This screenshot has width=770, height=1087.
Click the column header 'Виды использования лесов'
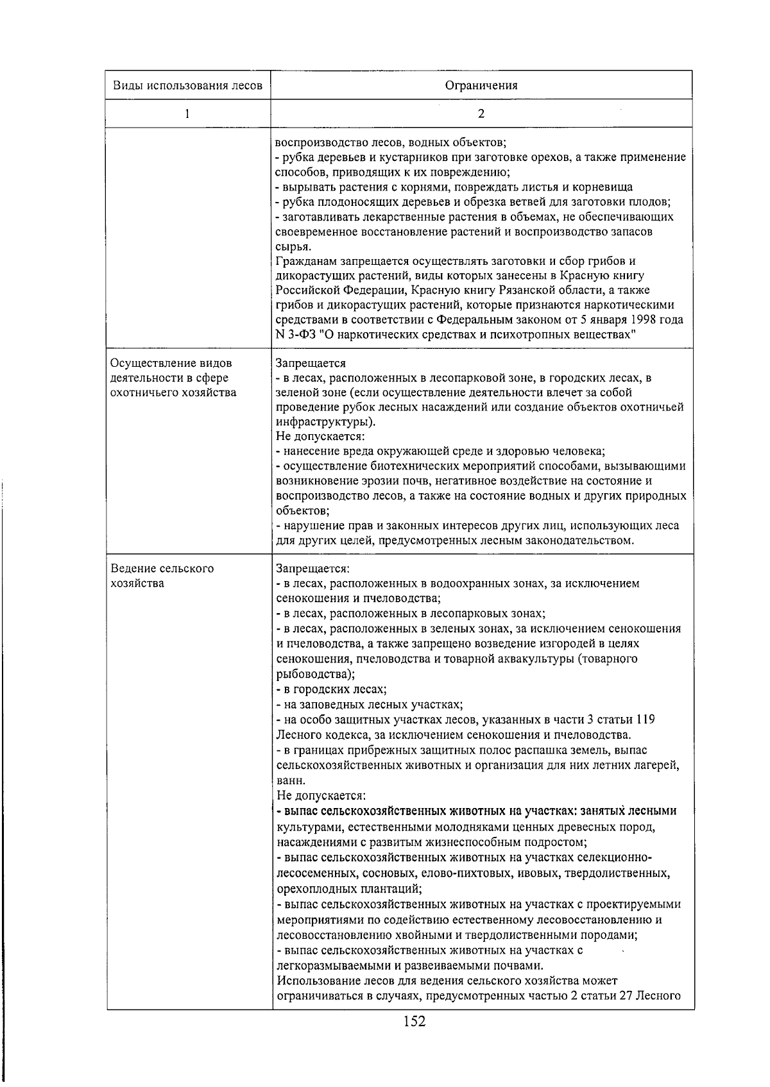point(187,86)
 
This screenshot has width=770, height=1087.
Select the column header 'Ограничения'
point(481,86)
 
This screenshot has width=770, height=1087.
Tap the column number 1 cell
point(187,114)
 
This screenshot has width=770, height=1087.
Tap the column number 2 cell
point(481,114)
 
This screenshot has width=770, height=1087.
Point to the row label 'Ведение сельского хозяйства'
point(162,576)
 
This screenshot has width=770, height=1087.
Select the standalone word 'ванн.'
point(291,781)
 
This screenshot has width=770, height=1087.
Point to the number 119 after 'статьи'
point(644,720)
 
